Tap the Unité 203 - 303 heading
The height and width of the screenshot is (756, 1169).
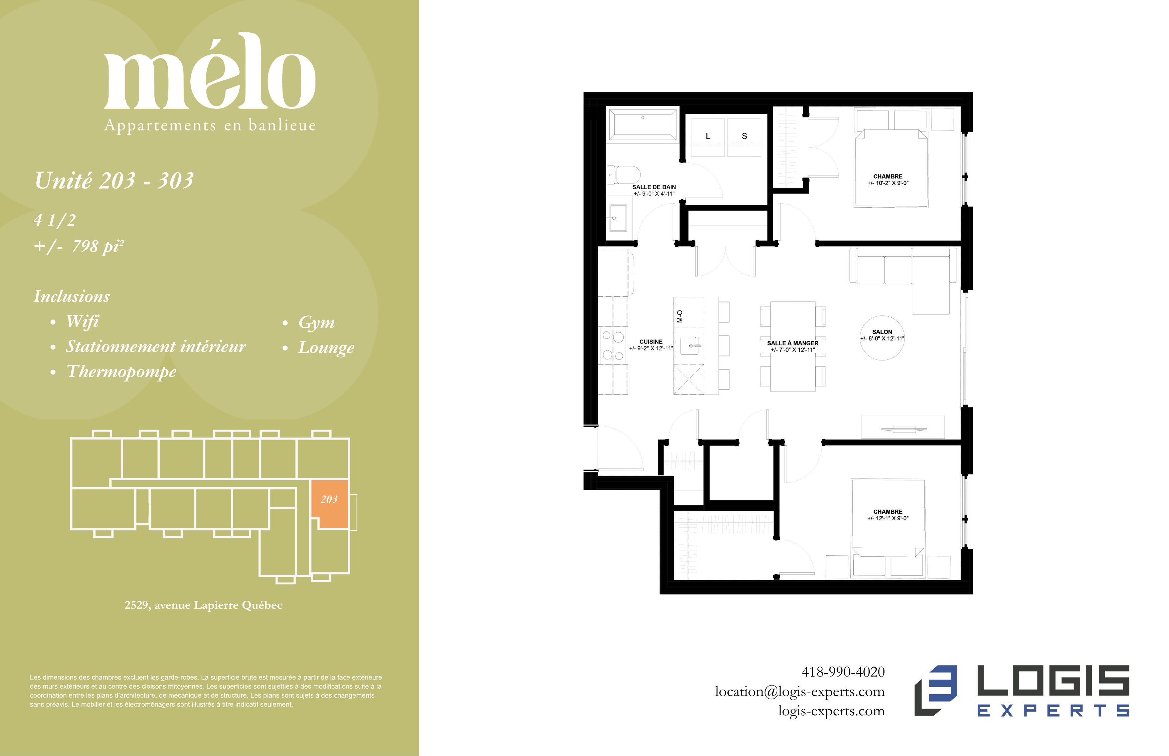(114, 180)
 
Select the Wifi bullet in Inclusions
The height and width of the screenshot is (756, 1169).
(82, 321)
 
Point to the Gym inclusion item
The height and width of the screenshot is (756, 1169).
(316, 322)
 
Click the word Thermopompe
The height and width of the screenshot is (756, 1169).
(121, 371)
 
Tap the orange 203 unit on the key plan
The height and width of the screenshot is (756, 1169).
(329, 503)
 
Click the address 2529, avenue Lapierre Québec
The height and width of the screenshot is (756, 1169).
(203, 605)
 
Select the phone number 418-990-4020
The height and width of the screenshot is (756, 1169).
(843, 672)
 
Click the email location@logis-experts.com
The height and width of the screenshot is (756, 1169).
(800, 692)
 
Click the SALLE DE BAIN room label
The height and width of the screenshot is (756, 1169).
(654, 187)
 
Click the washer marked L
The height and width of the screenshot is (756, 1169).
(708, 137)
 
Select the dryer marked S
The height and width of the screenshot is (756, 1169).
(744, 137)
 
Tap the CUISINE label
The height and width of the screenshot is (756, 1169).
(651, 342)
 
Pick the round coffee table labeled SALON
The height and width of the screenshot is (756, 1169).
(882, 338)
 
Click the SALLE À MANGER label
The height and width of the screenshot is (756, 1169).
(793, 343)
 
